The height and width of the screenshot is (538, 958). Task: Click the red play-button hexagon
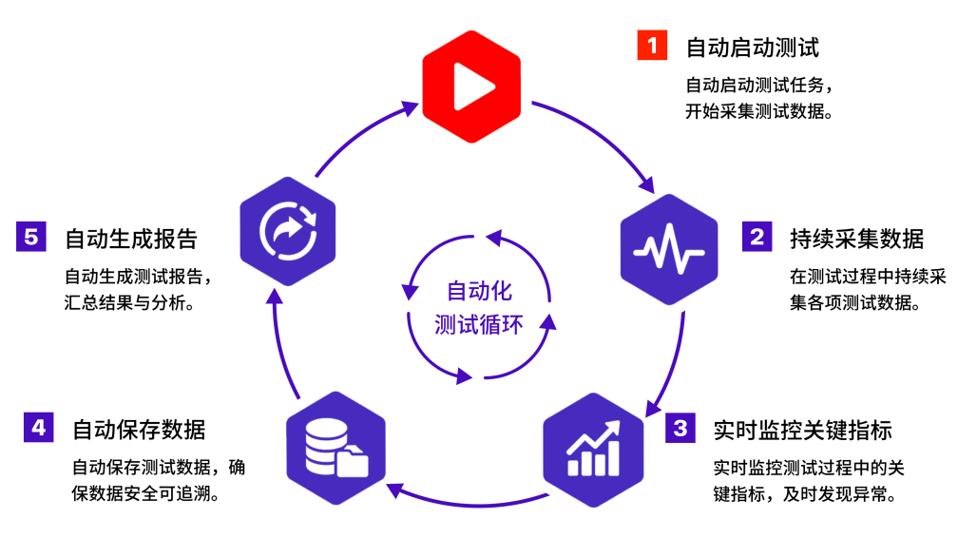471,86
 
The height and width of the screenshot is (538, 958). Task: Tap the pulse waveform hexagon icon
669,249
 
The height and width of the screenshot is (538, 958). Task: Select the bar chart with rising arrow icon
593,450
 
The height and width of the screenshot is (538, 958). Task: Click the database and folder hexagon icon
336,448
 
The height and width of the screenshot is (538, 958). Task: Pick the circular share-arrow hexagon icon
288,231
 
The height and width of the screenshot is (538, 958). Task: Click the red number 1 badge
652,45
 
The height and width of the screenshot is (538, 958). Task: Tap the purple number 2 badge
757,237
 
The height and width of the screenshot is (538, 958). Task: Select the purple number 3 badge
680,428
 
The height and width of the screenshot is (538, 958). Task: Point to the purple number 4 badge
38,427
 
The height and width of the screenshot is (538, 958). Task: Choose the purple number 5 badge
31,237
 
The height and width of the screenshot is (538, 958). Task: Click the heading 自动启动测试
752,48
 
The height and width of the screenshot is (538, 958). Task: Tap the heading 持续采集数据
856,239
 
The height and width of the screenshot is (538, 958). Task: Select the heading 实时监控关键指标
803,430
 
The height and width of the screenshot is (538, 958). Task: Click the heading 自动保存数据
139,430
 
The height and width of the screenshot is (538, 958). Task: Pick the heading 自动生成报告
131,239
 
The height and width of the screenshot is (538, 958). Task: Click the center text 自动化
479,291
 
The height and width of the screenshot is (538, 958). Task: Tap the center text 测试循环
479,324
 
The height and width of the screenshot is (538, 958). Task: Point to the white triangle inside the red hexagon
473,86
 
